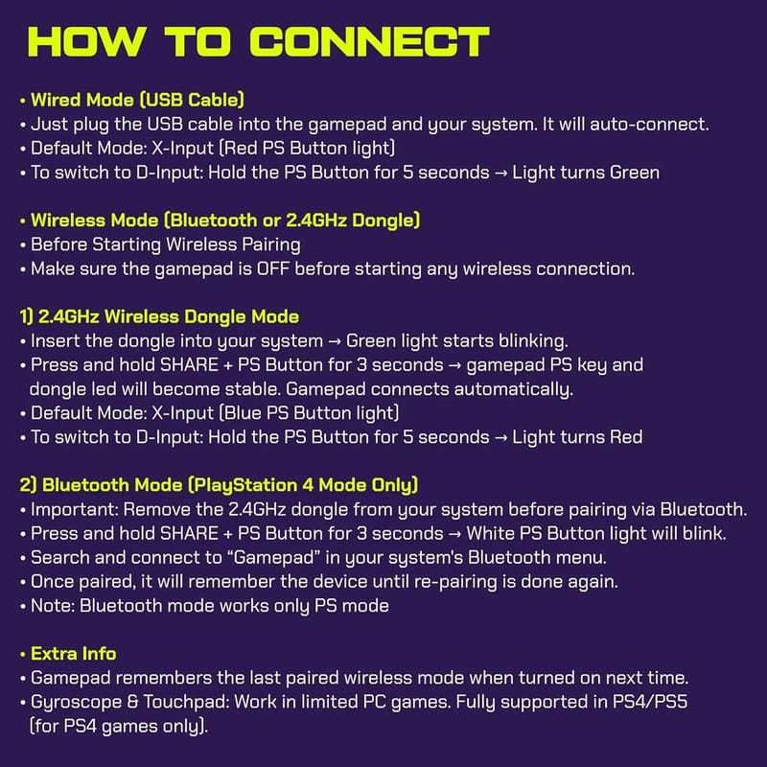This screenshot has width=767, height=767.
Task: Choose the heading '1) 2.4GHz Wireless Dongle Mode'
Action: (x=159, y=316)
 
